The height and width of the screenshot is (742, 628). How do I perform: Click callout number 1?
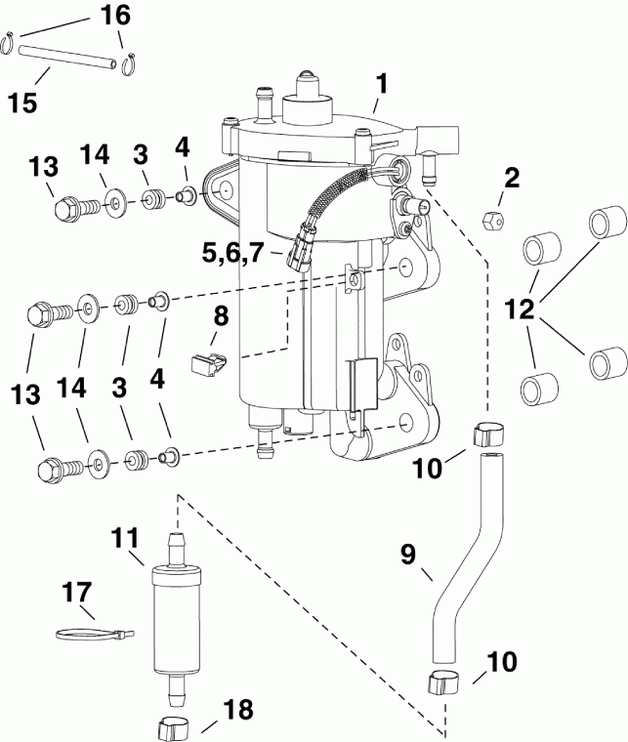click(383, 84)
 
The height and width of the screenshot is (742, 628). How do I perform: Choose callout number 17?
click(76, 592)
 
